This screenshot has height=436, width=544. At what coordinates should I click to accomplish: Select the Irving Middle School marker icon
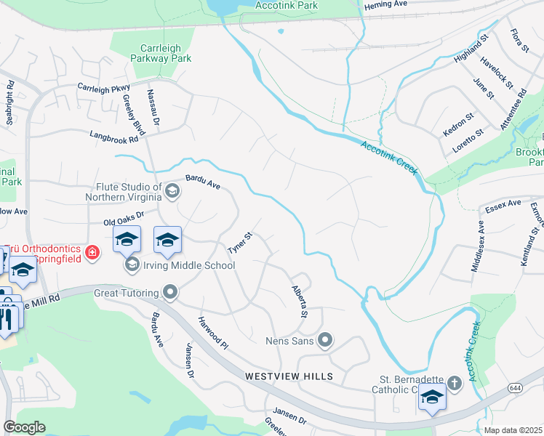(132, 264)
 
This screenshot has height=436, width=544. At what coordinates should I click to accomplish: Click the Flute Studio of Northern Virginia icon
(172, 191)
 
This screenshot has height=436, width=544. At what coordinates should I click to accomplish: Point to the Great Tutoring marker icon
(171, 292)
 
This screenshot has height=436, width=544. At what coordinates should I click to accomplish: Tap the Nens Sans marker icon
(326, 339)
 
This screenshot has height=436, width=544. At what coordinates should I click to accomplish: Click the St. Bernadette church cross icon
(454, 382)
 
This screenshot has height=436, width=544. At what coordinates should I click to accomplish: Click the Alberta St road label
(298, 300)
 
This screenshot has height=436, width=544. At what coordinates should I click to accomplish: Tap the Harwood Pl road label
(214, 331)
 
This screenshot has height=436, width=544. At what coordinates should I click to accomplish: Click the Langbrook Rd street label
(113, 136)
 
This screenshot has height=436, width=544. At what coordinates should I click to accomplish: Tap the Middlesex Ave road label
(478, 247)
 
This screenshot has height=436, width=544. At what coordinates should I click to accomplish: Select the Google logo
(25, 427)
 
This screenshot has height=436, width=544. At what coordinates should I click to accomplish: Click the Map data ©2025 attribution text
(513, 430)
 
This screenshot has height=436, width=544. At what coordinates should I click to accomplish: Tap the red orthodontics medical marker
(92, 252)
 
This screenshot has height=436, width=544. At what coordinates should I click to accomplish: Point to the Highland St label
(473, 52)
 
